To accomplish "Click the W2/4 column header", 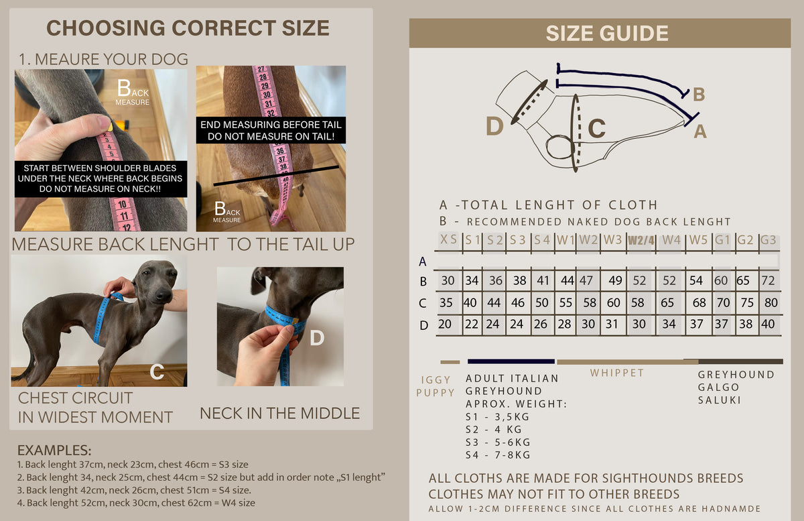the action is tap(641, 240).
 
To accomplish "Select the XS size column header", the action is tap(448, 239).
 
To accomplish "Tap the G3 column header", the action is tap(768, 239).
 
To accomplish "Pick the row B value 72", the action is tap(768, 280).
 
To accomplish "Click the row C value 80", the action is tap(770, 302).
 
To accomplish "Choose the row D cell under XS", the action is tap(444, 324).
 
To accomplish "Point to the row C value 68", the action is tap(699, 302).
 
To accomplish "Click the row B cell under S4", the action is tap(543, 280).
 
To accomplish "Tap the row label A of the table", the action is tap(423, 262).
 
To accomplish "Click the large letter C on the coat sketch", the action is tap(596, 128).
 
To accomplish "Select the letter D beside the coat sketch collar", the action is tap(494, 126).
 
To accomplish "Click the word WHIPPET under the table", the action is tap(617, 373).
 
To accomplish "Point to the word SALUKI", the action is tap(719, 400).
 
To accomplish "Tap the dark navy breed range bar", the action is tap(511, 361).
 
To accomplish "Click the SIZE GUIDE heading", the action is tap(607, 33).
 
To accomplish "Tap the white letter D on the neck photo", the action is tap(317, 338).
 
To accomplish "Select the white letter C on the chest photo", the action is tap(157, 371).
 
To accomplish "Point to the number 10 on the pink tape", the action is tap(122, 204).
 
